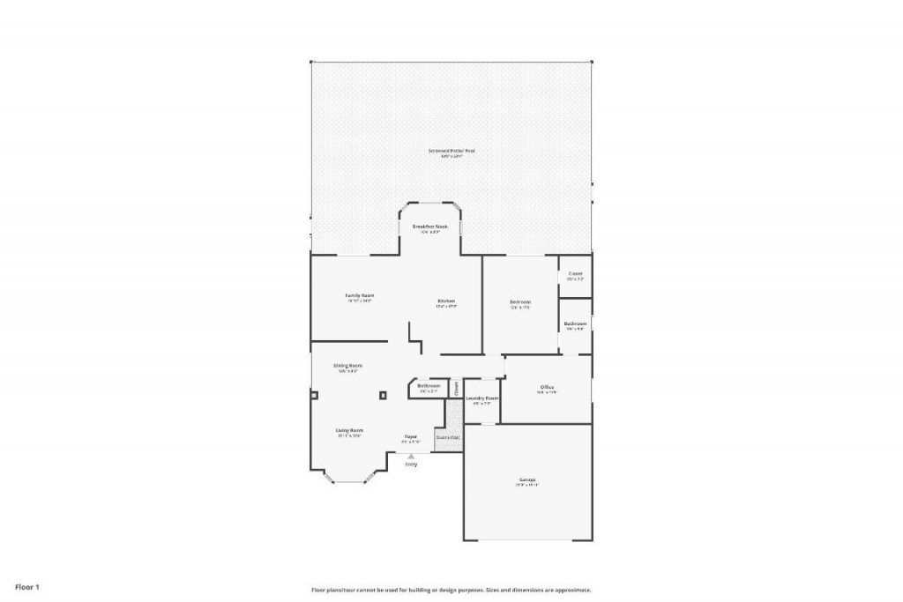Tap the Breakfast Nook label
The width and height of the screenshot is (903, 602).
[430, 227]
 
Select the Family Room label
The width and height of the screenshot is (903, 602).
[360, 295]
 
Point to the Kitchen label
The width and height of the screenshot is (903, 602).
[446, 301]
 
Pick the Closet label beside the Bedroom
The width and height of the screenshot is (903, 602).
[575, 274]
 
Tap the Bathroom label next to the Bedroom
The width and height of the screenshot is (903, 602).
[575, 323]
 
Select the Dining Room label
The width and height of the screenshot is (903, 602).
[347, 366]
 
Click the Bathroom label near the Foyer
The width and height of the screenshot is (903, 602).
[429, 386]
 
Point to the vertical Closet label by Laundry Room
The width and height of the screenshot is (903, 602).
[456, 387]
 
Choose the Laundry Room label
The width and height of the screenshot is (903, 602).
[482, 398]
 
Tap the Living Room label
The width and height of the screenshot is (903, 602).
[349, 431]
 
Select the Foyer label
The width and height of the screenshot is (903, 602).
[410, 436]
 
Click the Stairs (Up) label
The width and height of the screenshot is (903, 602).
[448, 437]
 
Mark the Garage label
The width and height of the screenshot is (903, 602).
[527, 479]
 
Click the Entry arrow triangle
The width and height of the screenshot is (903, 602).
[411, 456]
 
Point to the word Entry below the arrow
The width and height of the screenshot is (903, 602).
[411, 465]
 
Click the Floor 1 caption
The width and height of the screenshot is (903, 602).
[27, 586]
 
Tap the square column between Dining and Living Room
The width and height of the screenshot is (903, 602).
[383, 396]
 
